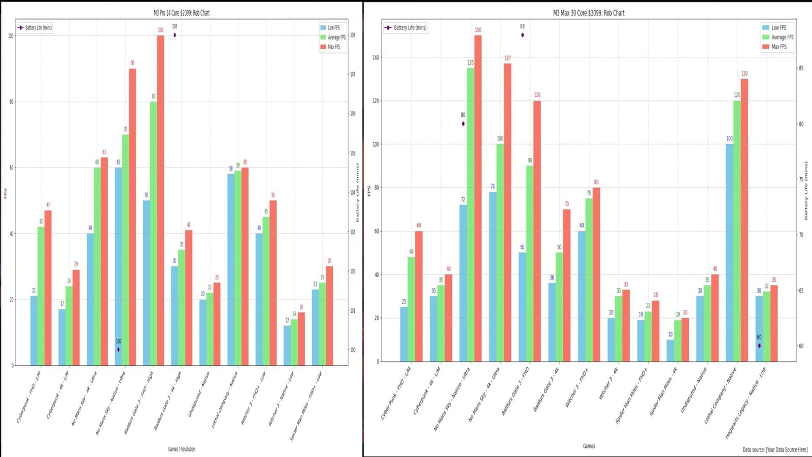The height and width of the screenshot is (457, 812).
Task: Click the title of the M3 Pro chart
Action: pyautogui.click(x=181, y=13)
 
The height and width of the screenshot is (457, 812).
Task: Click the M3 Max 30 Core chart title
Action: pyautogui.click(x=589, y=13)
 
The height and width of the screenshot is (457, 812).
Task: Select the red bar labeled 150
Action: pyautogui.click(x=478, y=198)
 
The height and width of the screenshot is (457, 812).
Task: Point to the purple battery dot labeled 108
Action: pyautogui.click(x=175, y=35)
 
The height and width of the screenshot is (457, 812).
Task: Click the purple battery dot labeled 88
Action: pyautogui.click(x=522, y=35)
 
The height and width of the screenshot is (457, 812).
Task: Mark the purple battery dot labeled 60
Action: pyautogui.click(x=759, y=346)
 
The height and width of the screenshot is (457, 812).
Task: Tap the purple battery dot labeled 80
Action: pyautogui.click(x=463, y=123)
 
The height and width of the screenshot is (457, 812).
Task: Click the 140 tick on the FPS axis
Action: pyautogui.click(x=376, y=57)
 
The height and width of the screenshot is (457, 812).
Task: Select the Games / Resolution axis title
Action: pyautogui.click(x=181, y=449)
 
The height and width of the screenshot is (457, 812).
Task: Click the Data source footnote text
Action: pyautogui.click(x=774, y=449)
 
